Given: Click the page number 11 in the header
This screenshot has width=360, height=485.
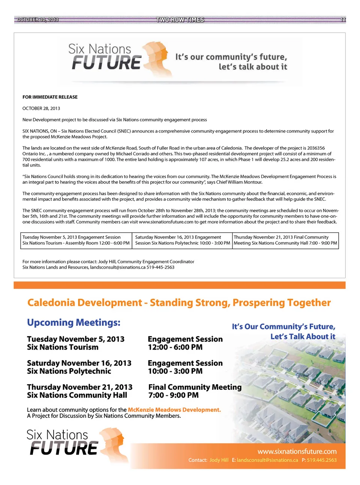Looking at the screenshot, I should click(x=343, y=19).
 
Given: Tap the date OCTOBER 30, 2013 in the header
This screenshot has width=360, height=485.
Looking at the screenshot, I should click(x=37, y=19).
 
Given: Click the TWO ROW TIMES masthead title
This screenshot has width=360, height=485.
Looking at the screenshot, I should click(x=180, y=19).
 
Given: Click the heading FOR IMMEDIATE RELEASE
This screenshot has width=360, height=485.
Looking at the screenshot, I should click(x=50, y=97).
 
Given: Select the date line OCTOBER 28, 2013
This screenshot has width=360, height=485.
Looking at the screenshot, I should click(x=41, y=108).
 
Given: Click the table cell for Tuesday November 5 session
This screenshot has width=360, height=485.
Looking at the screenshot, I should click(x=76, y=240).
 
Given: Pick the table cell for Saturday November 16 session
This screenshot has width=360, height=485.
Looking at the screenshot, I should click(x=182, y=240).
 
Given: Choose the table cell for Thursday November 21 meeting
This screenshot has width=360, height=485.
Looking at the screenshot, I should click(x=285, y=240).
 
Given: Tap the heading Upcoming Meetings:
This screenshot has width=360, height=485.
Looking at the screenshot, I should click(x=73, y=323).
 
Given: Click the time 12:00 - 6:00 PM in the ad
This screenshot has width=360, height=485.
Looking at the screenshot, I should click(x=175, y=347).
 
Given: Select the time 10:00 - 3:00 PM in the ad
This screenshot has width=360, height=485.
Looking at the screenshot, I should click(x=175, y=371).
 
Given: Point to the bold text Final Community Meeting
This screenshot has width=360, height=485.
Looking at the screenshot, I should click(x=195, y=387).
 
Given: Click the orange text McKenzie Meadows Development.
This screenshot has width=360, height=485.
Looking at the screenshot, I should click(x=174, y=410).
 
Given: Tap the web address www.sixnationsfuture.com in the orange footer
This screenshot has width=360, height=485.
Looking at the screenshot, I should click(x=297, y=451).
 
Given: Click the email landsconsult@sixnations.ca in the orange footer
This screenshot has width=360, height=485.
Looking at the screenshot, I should click(x=267, y=460).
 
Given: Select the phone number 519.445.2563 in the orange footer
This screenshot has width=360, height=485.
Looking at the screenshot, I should click(x=322, y=460).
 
